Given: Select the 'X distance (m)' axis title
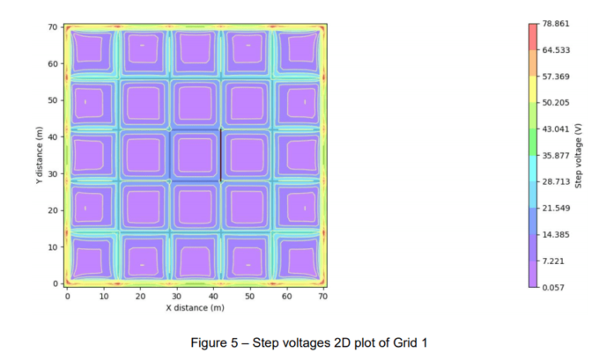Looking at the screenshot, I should click(196, 307).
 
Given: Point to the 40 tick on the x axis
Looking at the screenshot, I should click(213, 296).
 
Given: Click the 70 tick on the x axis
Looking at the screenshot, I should click(323, 296).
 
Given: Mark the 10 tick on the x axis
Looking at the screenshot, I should click(104, 296).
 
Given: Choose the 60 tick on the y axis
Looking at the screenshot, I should click(55, 64).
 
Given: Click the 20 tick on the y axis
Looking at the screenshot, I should click(55, 210).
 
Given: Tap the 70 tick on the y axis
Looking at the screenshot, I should click(55, 27).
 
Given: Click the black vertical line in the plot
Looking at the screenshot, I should click(220, 155).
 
